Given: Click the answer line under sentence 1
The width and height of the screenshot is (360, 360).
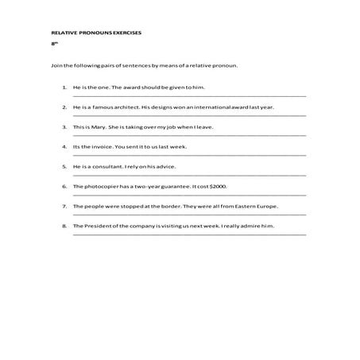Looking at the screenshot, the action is coord(187,95).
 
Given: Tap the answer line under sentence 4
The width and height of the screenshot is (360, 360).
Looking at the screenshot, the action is coord(187,156).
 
